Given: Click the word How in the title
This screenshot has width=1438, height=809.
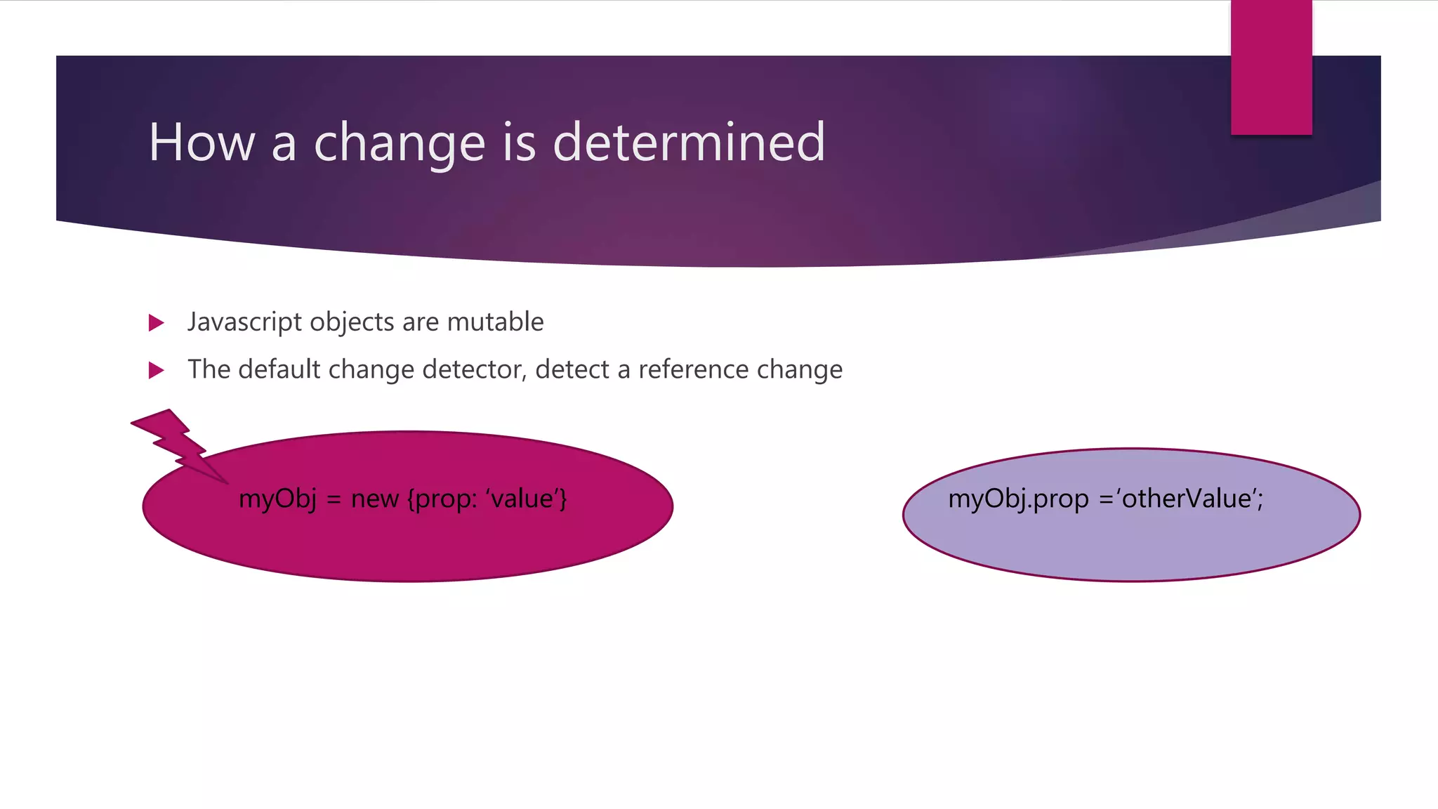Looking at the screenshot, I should click(202, 143).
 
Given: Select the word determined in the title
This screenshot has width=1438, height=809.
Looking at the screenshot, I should click(689, 143).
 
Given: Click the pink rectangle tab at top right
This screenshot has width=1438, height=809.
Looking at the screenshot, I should click(1271, 67).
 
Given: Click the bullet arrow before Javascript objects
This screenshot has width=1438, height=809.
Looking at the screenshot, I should click(157, 323).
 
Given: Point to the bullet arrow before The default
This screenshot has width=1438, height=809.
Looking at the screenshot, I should click(157, 370).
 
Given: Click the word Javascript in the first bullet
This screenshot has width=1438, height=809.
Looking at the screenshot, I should click(244, 322).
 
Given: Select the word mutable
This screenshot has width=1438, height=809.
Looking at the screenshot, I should click(495, 322).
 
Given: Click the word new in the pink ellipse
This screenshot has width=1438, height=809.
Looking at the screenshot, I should click(374, 499).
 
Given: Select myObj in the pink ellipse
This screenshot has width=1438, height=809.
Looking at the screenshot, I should click(277, 499).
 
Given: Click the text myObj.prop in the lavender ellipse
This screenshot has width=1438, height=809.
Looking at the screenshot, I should click(1018, 499).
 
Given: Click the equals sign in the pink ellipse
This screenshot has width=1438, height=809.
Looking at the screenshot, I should click(334, 499).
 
